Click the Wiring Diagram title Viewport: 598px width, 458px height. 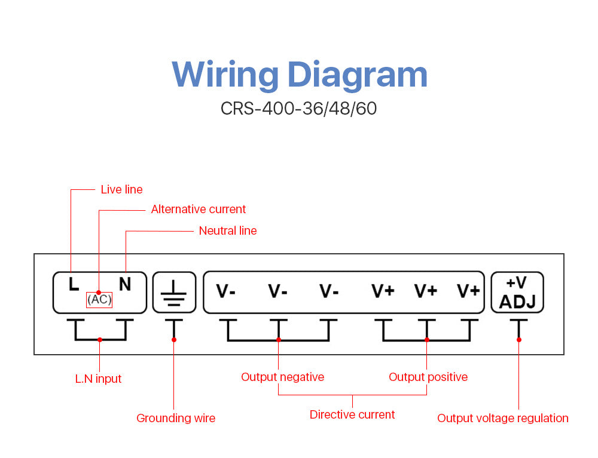[300, 75]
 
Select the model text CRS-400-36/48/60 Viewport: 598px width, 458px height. [298, 109]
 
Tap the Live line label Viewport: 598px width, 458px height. [121, 189]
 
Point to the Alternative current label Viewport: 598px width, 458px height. [198, 209]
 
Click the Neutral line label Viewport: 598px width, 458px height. [227, 230]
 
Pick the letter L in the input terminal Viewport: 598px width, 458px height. [74, 284]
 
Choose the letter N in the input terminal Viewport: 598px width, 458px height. [124, 284]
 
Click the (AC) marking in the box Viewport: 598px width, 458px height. [99, 299]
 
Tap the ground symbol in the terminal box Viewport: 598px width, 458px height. [174, 293]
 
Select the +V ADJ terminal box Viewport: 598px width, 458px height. [517, 293]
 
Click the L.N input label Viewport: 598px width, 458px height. [98, 379]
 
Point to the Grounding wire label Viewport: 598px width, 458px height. [176, 418]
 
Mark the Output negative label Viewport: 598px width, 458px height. [282, 377]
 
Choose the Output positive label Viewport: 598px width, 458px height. [428, 377]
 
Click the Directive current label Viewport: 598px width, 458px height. [352, 414]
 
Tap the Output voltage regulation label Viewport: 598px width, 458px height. [502, 418]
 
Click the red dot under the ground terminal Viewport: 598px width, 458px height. [174, 340]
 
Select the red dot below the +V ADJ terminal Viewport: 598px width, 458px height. [518, 340]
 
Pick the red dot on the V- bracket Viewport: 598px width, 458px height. [279, 340]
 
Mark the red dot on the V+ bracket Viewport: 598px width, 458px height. [426, 340]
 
